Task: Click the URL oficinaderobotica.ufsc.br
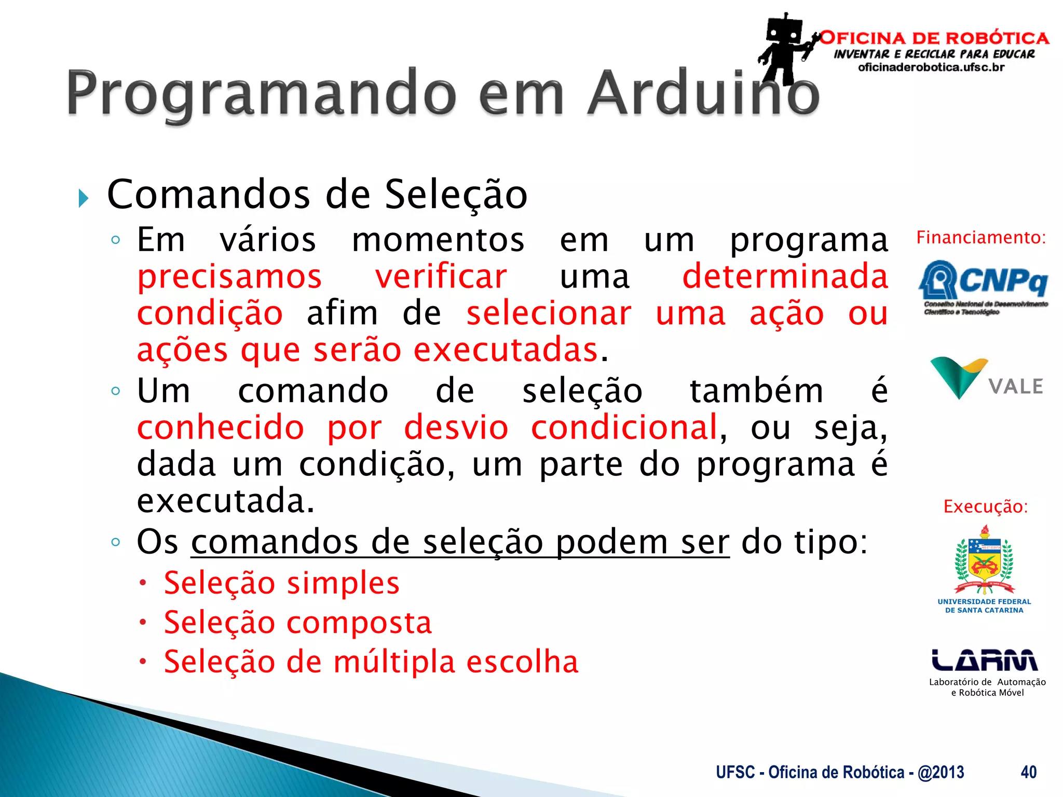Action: point(931,67)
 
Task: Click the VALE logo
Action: point(986,379)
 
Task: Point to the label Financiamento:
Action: point(980,238)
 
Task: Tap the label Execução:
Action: point(985,506)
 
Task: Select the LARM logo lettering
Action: point(985,660)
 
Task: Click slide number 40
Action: point(1028,772)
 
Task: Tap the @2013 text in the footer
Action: point(941,772)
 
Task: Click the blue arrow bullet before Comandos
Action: point(84,198)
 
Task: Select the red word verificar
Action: point(441,277)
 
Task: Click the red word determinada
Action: point(785,277)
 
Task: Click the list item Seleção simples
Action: point(281,583)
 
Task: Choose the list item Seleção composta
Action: point(297,622)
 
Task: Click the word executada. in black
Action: point(225,501)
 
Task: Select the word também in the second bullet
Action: point(756,391)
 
